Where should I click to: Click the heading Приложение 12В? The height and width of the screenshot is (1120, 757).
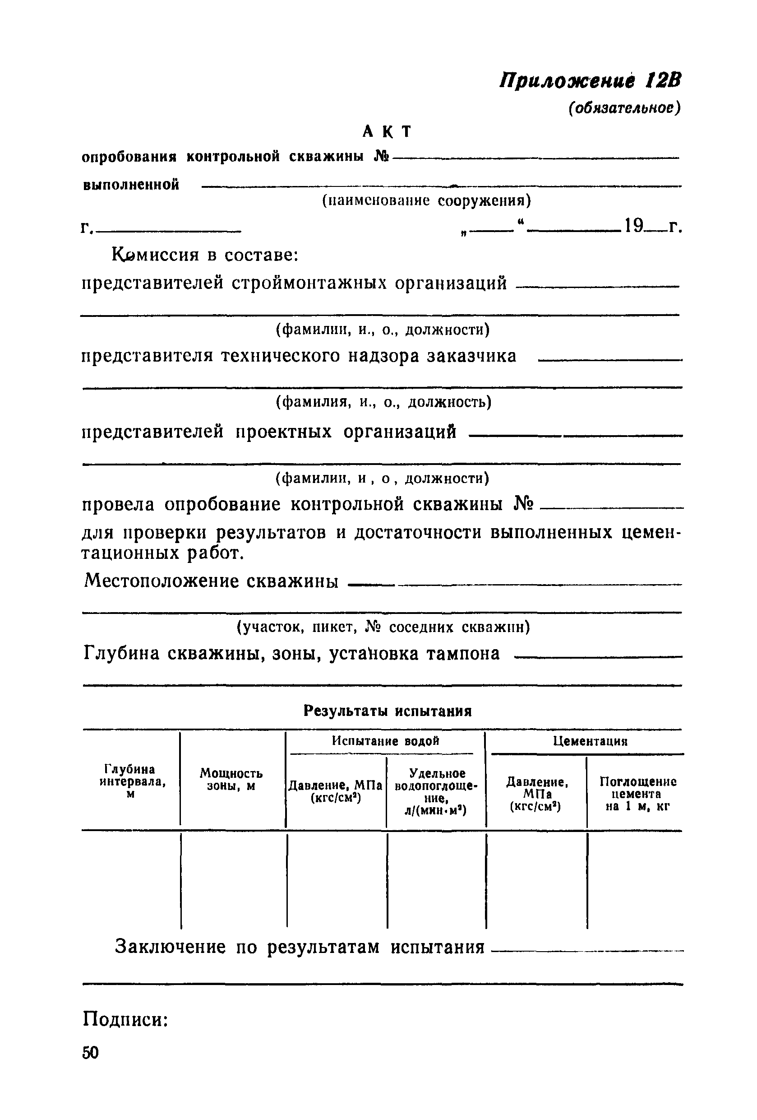pos(590,80)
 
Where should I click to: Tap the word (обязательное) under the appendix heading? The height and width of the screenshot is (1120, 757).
pos(624,108)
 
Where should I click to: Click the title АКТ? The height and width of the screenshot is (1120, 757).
pos(387,131)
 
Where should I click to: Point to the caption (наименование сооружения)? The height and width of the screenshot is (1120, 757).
pos(426,200)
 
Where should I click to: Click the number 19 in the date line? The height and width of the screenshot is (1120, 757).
pos(634,225)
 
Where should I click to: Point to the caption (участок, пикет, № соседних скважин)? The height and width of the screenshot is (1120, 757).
pos(383,627)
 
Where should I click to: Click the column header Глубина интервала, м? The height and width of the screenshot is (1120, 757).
pos(130,782)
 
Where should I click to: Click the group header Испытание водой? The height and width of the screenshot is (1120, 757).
pos(385,741)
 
